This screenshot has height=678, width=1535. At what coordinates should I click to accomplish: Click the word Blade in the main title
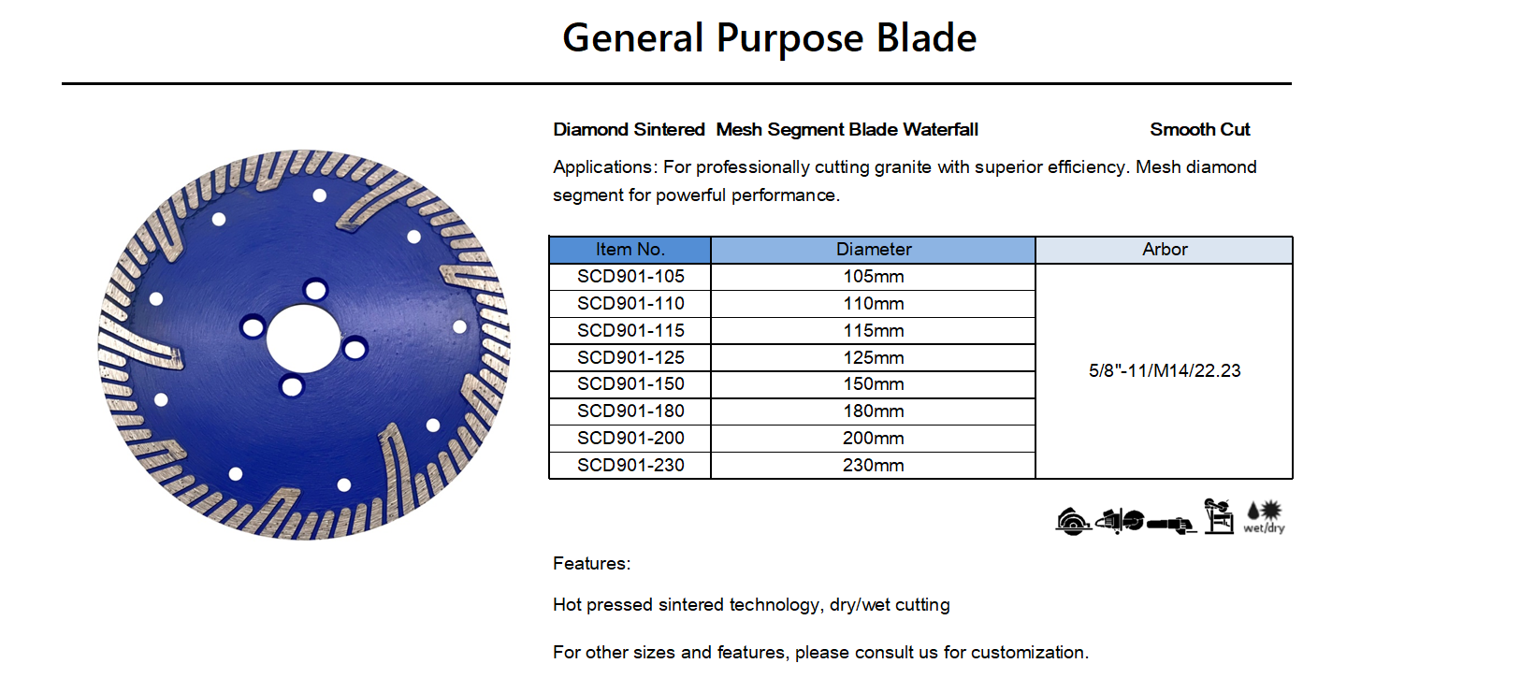[x=926, y=37]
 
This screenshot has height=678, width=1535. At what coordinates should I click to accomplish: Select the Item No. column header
[x=630, y=250]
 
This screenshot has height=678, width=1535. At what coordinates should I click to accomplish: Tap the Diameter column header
[x=873, y=250]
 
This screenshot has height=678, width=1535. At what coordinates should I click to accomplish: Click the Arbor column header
[x=1165, y=250]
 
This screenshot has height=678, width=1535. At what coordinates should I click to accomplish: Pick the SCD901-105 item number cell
[x=630, y=277]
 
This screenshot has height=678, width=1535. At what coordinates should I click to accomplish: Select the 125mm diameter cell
[x=873, y=357]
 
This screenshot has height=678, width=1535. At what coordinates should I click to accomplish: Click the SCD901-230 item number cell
[x=630, y=466]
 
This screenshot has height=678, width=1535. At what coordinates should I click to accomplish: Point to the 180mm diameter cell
[x=873, y=411]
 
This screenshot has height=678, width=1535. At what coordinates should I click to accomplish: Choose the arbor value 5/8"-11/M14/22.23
[x=1165, y=371]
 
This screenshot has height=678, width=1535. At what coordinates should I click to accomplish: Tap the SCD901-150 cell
[x=630, y=384]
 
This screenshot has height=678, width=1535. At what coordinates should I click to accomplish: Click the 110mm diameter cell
[x=873, y=303]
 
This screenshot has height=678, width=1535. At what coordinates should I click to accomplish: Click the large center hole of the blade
[x=303, y=339]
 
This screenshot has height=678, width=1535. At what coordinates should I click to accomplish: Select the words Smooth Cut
[x=1200, y=129]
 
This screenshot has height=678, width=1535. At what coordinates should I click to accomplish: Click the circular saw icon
[x=1073, y=522]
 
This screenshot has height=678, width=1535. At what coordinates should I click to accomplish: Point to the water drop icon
[x=1253, y=511]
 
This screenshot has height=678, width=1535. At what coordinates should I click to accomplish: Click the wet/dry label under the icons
[x=1265, y=528]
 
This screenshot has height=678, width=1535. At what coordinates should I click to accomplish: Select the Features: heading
[x=591, y=564]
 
